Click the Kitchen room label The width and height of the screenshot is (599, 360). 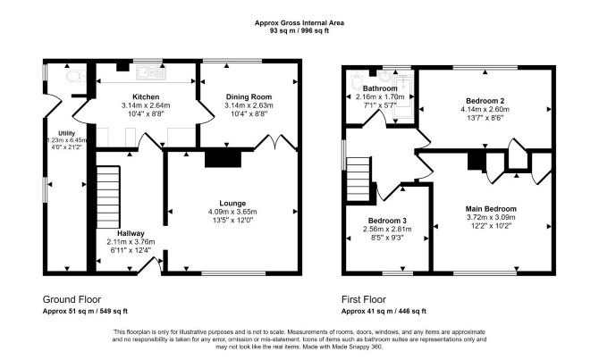click(146, 97)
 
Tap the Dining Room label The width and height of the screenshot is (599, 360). click(249, 97)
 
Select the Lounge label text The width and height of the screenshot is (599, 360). click(232, 204)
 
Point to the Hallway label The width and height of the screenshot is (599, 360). click(131, 233)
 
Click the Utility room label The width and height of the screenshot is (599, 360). click(66, 133)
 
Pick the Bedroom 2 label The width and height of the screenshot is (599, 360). click(485, 101)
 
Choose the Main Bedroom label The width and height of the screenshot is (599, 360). click(491, 209)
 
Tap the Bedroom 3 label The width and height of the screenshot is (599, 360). click(387, 221)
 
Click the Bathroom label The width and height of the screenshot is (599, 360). click(380, 88)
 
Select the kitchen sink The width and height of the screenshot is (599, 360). click(152, 72)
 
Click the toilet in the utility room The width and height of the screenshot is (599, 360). click(76, 76)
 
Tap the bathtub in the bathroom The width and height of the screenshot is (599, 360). click(403, 99)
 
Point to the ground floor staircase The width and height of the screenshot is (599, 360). click(108, 197)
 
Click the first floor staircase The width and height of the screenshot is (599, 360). click(359, 180)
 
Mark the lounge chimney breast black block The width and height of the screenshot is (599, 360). click(224, 158)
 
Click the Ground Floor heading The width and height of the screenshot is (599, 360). click(72, 299)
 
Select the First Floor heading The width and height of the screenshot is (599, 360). click(364, 299)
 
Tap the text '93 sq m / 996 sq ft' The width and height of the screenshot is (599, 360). click(299, 31)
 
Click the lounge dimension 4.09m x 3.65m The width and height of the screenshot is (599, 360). click(232, 212)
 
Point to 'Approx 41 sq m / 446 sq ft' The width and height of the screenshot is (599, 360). click(384, 311)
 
